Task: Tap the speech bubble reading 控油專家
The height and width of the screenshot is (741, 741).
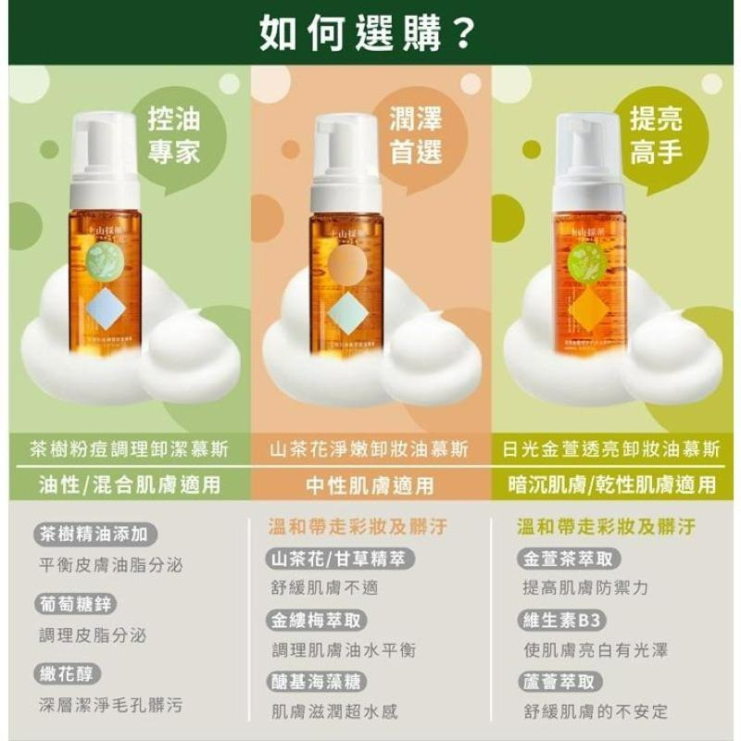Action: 173,135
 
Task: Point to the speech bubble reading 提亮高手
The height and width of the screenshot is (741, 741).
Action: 656,135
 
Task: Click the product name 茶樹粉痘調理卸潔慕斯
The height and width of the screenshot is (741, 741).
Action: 130,449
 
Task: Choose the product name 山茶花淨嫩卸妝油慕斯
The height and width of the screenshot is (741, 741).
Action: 370,449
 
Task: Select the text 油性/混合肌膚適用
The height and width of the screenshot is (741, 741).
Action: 130,484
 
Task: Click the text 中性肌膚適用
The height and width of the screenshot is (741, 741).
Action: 370,484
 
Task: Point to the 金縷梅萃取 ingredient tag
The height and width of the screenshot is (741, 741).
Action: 316,621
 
